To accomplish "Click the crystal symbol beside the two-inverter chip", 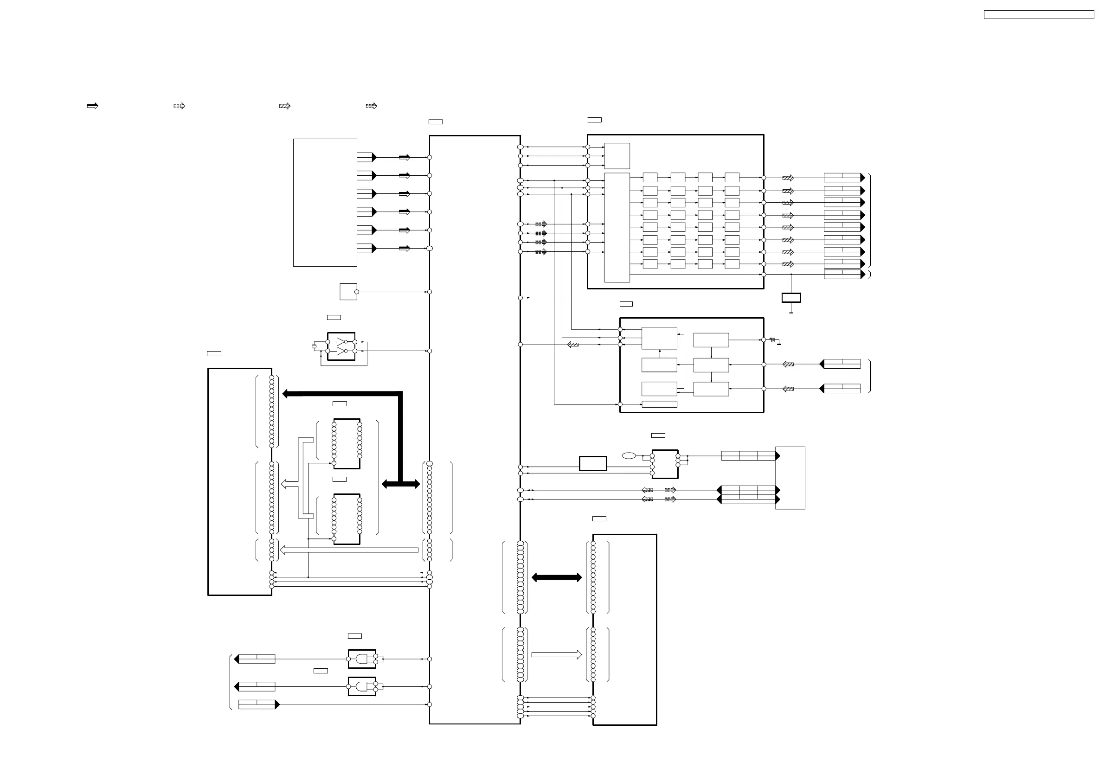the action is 314,346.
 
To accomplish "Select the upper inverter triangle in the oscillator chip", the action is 341,342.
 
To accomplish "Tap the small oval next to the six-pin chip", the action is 629,456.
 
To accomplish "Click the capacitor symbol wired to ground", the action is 773,340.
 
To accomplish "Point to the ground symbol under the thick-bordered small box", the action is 791,313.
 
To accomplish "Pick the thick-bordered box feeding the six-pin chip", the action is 592,463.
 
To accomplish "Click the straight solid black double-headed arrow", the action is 556,577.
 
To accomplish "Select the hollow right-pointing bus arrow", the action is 556,654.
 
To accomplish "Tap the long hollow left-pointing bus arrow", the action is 349,550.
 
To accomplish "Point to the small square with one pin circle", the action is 347,292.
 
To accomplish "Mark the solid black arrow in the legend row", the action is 92,106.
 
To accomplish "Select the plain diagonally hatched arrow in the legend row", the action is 284,106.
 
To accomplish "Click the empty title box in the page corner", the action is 1039,15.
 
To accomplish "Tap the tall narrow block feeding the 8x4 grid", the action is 617,227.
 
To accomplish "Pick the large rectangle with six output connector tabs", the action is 325,203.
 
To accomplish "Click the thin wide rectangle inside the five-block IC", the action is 659,404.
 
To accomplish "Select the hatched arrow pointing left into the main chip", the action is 573,345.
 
